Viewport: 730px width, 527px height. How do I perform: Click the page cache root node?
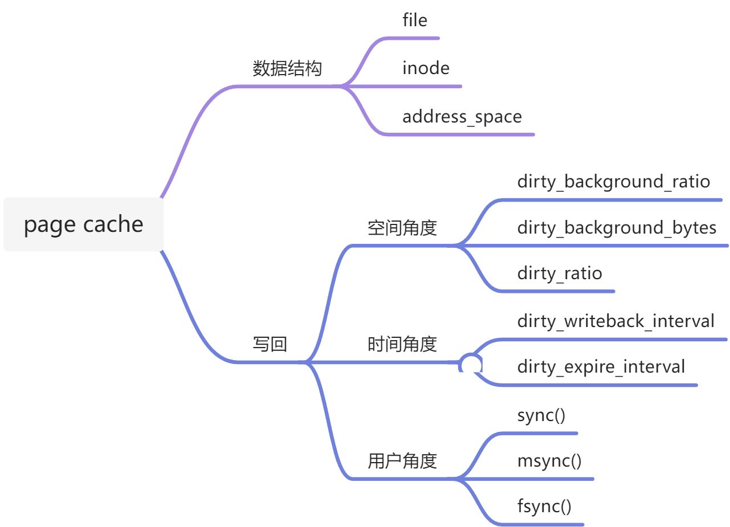[x=83, y=224]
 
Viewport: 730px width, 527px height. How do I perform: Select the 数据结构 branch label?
[x=287, y=69]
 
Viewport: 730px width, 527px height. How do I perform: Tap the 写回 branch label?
[x=270, y=344]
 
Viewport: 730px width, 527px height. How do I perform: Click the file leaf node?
[x=414, y=21]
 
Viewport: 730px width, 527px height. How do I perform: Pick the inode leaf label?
[x=426, y=68]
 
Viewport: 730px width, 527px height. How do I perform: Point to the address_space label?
[x=462, y=117]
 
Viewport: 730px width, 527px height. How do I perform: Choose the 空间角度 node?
[x=402, y=228]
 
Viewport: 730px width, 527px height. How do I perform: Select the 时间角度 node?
[x=402, y=344]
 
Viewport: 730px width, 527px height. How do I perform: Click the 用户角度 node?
[x=402, y=460]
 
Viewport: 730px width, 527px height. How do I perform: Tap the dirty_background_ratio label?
[x=613, y=182]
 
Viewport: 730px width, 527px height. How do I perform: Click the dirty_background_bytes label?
[x=617, y=228]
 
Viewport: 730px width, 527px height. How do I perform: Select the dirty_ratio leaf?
[x=559, y=273]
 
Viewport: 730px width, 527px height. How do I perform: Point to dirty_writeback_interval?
[x=615, y=321]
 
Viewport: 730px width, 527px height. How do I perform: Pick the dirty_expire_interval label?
[x=601, y=366]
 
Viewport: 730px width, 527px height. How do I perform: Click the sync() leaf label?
[x=541, y=415]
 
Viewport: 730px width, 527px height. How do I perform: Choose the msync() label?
[x=549, y=460]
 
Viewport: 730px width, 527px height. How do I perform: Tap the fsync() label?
[x=544, y=506]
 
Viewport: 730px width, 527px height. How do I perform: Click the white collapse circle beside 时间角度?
[x=471, y=363]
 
